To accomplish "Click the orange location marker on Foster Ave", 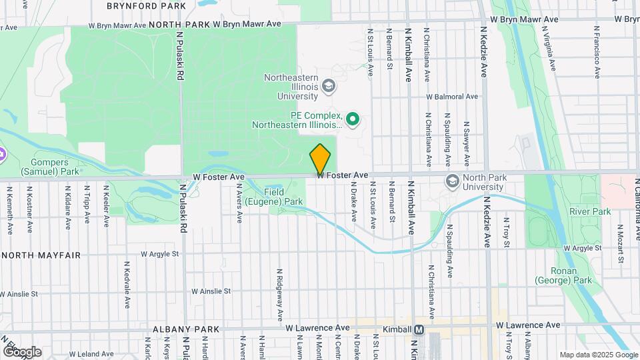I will [x=321, y=159].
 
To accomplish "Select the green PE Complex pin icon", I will [x=353, y=120].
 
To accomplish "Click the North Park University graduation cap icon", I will [x=453, y=181].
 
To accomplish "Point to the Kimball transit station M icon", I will [x=419, y=329].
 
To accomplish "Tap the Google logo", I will [x=22, y=351].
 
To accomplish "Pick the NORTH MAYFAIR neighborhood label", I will [x=41, y=255].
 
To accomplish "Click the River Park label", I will [x=590, y=212].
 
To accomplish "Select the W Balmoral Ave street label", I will [x=452, y=97].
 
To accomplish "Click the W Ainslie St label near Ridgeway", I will [x=211, y=291].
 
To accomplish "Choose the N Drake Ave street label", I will [x=353, y=204].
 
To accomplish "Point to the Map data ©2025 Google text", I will [x=598, y=355].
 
